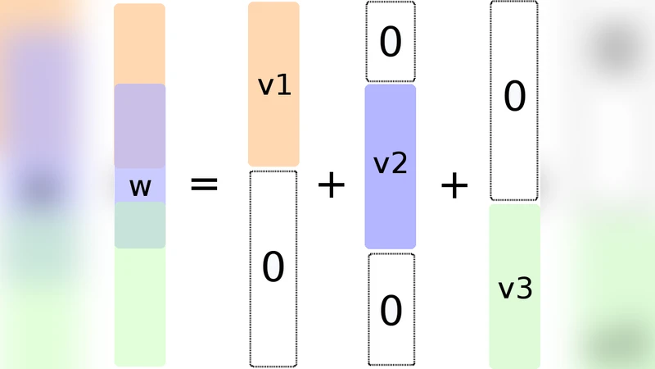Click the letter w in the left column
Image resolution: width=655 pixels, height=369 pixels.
[140, 187]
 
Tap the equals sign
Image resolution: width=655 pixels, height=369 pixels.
[204, 184]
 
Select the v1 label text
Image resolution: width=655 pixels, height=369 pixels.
[274, 85]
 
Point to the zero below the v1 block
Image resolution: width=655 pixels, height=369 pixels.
[273, 267]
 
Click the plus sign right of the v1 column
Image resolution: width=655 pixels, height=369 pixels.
[332, 186]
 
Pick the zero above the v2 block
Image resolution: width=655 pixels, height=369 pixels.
[391, 43]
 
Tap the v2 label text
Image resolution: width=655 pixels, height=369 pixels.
[390, 164]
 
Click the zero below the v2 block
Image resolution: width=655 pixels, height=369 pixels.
[391, 311]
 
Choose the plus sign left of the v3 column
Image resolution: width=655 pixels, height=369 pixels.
[454, 186]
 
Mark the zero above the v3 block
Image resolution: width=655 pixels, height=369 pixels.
[514, 97]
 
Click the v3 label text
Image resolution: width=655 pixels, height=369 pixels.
[515, 288]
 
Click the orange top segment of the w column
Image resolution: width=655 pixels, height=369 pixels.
[139, 43]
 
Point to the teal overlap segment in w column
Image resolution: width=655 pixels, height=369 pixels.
[140, 225]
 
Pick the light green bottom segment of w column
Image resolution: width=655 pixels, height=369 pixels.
[140, 307]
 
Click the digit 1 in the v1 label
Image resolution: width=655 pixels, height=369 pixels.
[284, 85]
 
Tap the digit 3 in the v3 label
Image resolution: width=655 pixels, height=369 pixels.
[525, 288]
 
